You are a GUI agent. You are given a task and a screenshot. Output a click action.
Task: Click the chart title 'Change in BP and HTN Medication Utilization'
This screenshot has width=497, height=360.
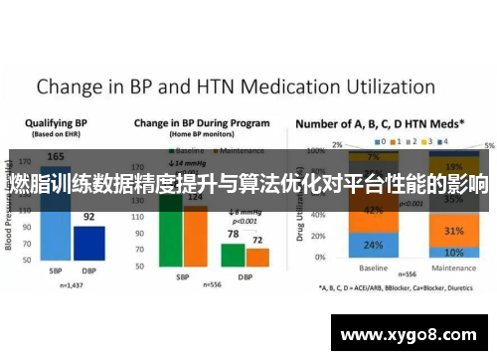[x=236, y=87]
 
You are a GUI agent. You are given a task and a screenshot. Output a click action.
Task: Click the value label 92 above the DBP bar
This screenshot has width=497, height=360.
[x=88, y=217]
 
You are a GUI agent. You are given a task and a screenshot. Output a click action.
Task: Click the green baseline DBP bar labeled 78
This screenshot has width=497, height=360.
[x=233, y=254]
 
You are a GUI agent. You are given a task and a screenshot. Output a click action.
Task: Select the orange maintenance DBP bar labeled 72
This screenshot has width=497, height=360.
[x=257, y=257]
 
